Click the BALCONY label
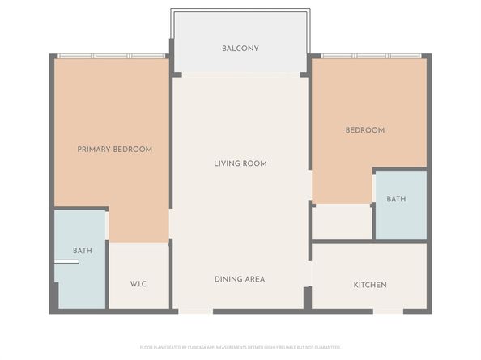(240, 49)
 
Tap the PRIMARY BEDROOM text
(114, 150)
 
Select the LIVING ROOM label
(240, 163)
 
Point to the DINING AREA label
(240, 279)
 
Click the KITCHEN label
(370, 285)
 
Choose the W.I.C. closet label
(138, 284)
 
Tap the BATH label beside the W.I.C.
(82, 251)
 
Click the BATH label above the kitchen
(396, 199)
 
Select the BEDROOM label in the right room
(364, 130)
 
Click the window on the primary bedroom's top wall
(112, 56)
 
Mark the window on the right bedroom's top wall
(371, 56)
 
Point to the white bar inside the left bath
(66, 262)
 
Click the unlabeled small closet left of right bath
(342, 222)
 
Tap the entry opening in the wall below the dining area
(195, 311)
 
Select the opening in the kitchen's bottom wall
(388, 311)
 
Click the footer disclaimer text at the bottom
(240, 347)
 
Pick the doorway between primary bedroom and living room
(171, 223)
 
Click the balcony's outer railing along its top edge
(240, 11)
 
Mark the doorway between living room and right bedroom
(311, 185)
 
